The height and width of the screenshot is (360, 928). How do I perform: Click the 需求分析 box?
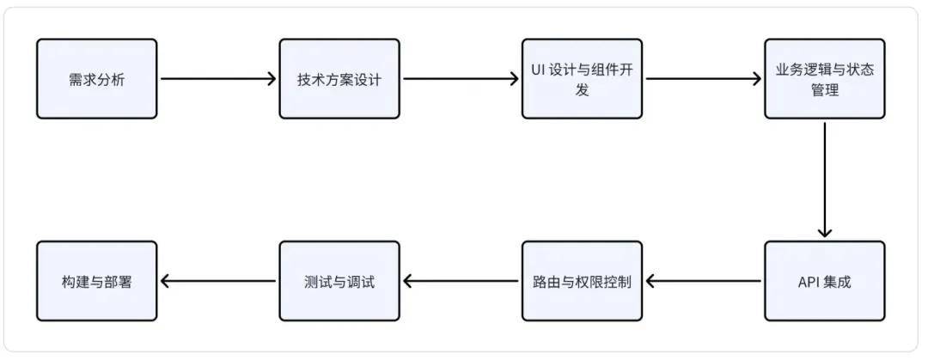tap(96, 79)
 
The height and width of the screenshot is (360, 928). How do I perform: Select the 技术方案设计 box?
tap(339, 79)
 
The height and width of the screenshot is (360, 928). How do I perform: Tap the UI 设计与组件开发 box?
tap(582, 79)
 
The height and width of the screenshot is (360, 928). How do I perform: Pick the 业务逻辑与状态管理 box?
tap(824, 79)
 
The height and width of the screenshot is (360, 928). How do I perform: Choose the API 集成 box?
tap(824, 281)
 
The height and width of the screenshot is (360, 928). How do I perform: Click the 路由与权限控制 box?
tap(582, 281)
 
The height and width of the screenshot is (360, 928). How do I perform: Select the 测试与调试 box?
tap(339, 281)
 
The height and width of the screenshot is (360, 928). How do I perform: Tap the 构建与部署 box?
tap(96, 281)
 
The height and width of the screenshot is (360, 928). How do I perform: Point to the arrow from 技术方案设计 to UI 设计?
tap(461, 79)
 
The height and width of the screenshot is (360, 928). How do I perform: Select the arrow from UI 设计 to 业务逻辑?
tap(703, 79)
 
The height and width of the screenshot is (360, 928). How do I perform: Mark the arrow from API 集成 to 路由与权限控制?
tap(703, 281)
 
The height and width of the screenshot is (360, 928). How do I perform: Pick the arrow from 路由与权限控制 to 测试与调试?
tap(461, 281)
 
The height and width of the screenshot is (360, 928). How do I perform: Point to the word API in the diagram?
tap(808, 281)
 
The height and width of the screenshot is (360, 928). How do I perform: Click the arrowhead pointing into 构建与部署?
tap(166, 281)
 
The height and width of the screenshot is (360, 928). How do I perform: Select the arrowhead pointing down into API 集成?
tap(825, 231)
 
